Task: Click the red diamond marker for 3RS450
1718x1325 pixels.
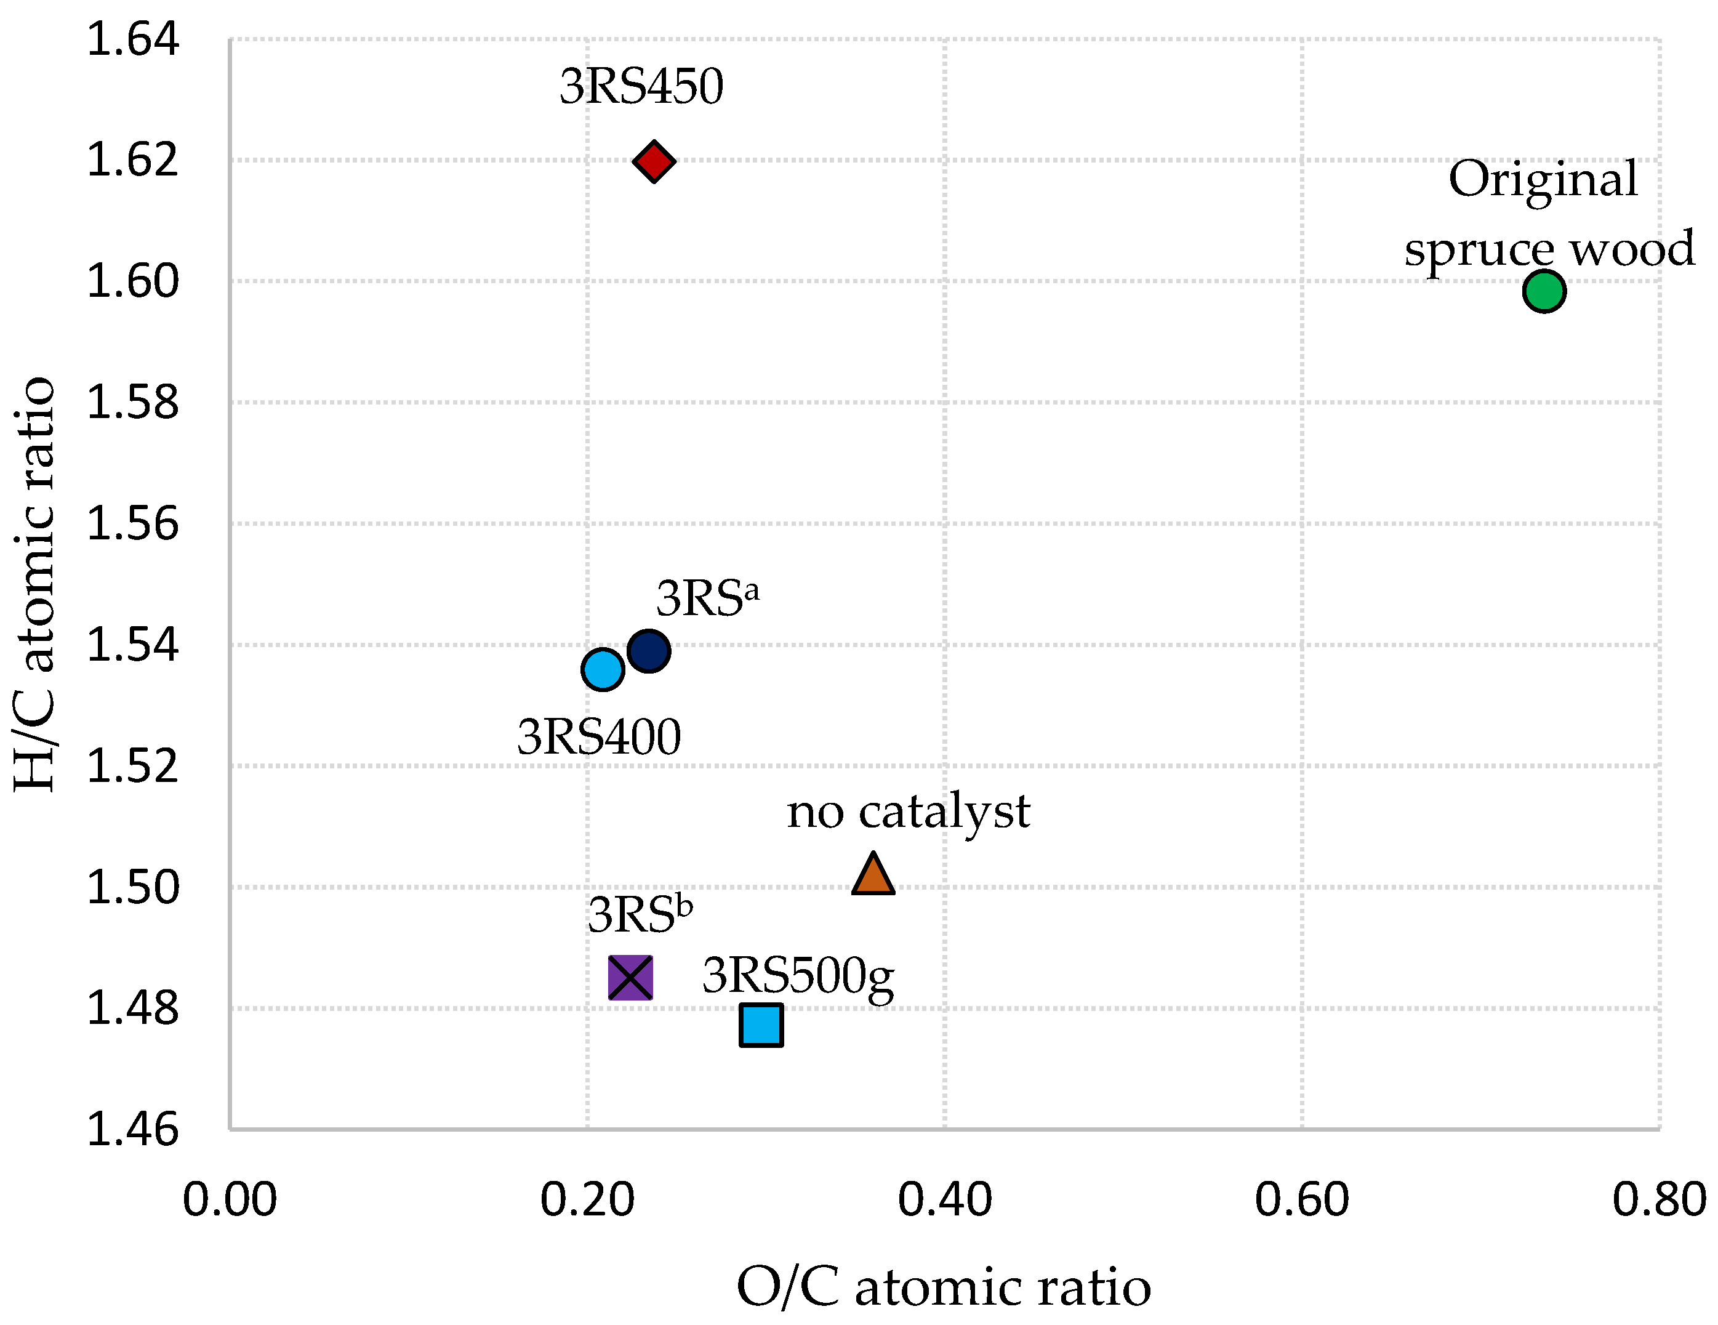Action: click(654, 161)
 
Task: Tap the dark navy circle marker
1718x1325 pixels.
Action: click(649, 651)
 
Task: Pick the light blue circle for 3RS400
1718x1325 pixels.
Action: click(603, 670)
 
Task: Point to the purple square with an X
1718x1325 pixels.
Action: click(630, 978)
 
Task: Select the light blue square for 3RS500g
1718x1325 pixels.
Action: click(761, 1025)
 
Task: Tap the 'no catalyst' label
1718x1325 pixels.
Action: click(909, 812)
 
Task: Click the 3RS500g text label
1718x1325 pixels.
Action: click(798, 977)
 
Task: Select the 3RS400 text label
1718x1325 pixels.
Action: click(599, 737)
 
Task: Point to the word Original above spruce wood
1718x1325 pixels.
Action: click(1543, 179)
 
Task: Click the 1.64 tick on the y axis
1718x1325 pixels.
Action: click(132, 39)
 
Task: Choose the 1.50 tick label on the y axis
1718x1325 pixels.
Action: click(132, 887)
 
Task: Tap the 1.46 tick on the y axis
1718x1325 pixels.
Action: click(132, 1130)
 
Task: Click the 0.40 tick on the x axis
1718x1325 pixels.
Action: click(945, 1200)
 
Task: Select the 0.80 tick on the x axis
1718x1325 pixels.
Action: click(1659, 1200)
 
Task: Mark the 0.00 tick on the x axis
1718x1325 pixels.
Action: click(230, 1200)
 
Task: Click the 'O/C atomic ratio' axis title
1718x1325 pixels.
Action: click(943, 1288)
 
